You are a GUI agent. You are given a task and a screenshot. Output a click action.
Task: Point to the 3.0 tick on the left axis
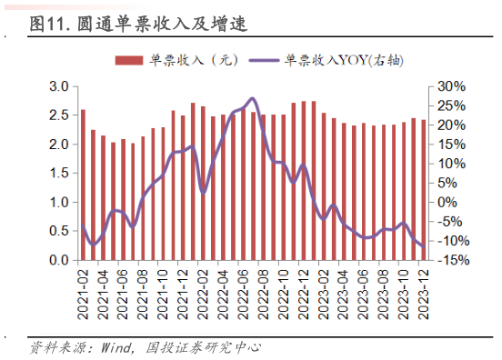(59, 86)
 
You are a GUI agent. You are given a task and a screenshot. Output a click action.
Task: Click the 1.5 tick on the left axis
(59, 174)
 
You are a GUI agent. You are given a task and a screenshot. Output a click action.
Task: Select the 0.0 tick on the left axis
(59, 261)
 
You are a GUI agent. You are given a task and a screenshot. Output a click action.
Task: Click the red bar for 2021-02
(83, 185)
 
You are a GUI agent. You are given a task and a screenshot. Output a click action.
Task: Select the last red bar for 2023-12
(423, 190)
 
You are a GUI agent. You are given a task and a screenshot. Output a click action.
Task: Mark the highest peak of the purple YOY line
(252, 98)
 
